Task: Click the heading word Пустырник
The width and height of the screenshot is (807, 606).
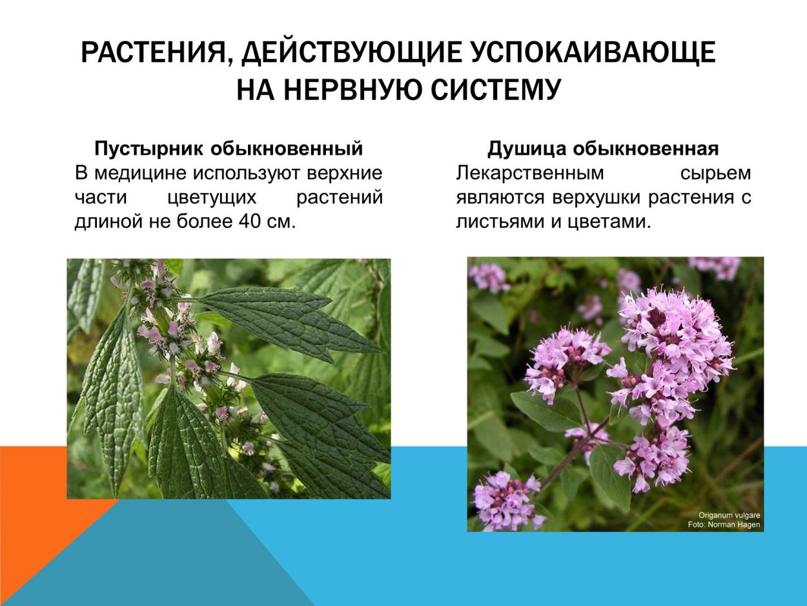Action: point(150,149)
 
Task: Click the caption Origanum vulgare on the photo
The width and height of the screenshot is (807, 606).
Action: point(729,516)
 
